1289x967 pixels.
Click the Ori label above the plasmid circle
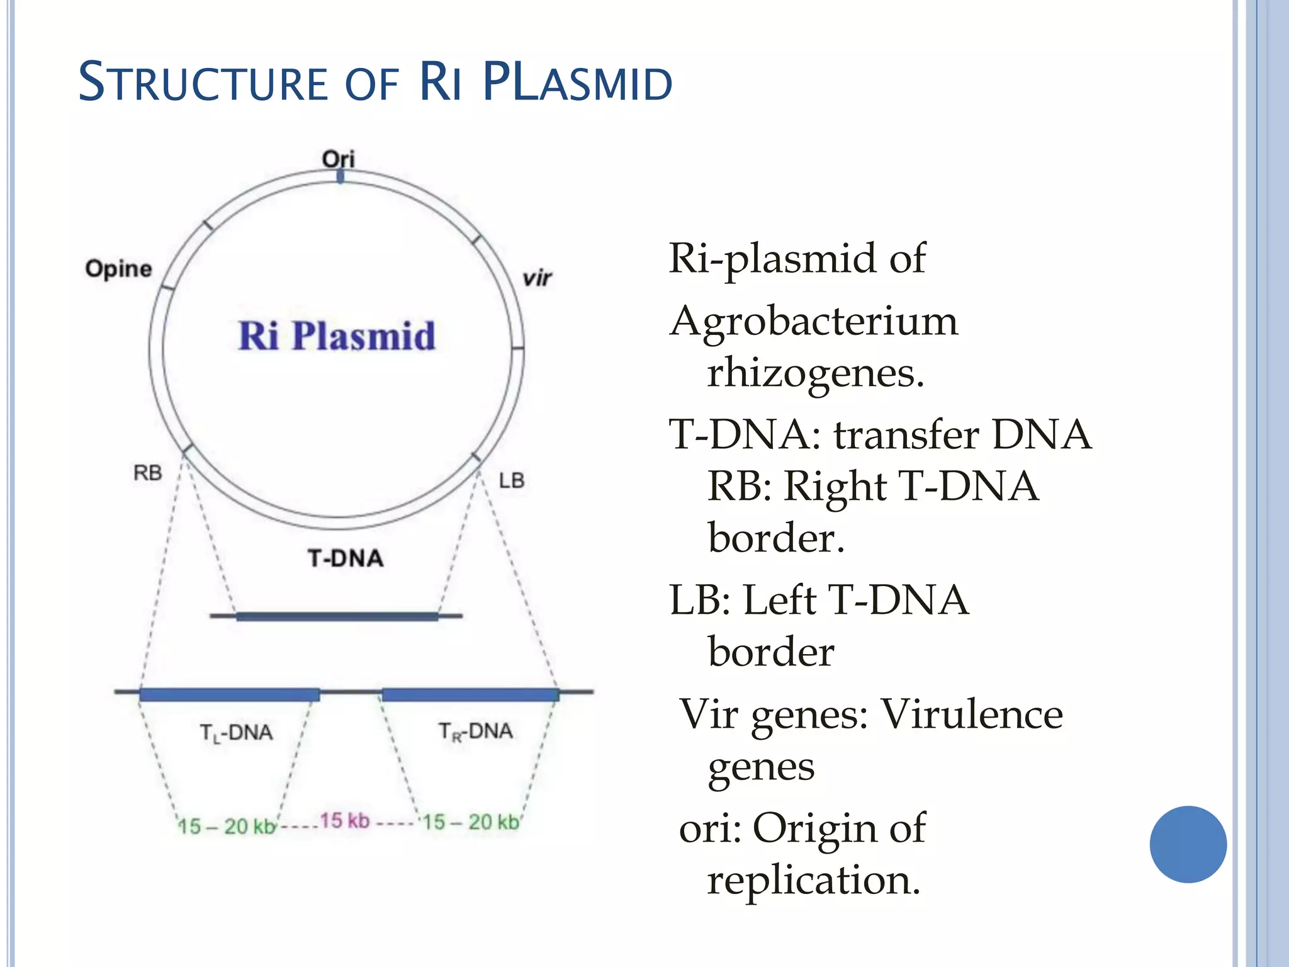point(339,158)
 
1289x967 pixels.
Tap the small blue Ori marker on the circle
point(341,177)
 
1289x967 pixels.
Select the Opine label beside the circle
point(119,269)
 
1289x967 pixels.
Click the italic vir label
point(537,278)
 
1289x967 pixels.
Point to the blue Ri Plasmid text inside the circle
point(337,336)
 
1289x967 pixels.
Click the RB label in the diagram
point(148,473)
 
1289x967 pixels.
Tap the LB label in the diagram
point(512,481)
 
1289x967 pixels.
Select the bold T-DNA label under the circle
point(346,558)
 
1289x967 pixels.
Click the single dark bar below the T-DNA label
point(337,616)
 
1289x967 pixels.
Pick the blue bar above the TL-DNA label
point(230,694)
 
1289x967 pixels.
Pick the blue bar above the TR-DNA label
point(470,694)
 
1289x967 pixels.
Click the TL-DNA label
point(236,733)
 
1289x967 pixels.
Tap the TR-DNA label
point(476,732)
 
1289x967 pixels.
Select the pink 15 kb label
point(344,821)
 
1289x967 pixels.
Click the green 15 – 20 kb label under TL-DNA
point(227,826)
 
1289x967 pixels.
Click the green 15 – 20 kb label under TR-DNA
point(471,822)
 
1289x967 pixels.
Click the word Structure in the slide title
point(203,82)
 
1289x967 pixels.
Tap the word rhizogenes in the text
point(816,373)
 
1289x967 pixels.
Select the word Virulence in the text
point(971,715)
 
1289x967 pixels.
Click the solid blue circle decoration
point(1188,844)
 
